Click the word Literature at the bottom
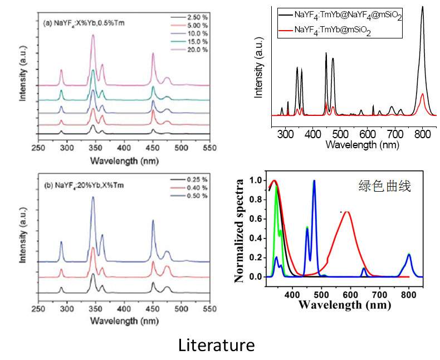pos(216,345)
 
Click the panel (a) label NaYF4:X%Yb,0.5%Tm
pos(79,24)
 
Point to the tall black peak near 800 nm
pos(423,8)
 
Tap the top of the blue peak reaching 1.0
pos(314,181)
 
